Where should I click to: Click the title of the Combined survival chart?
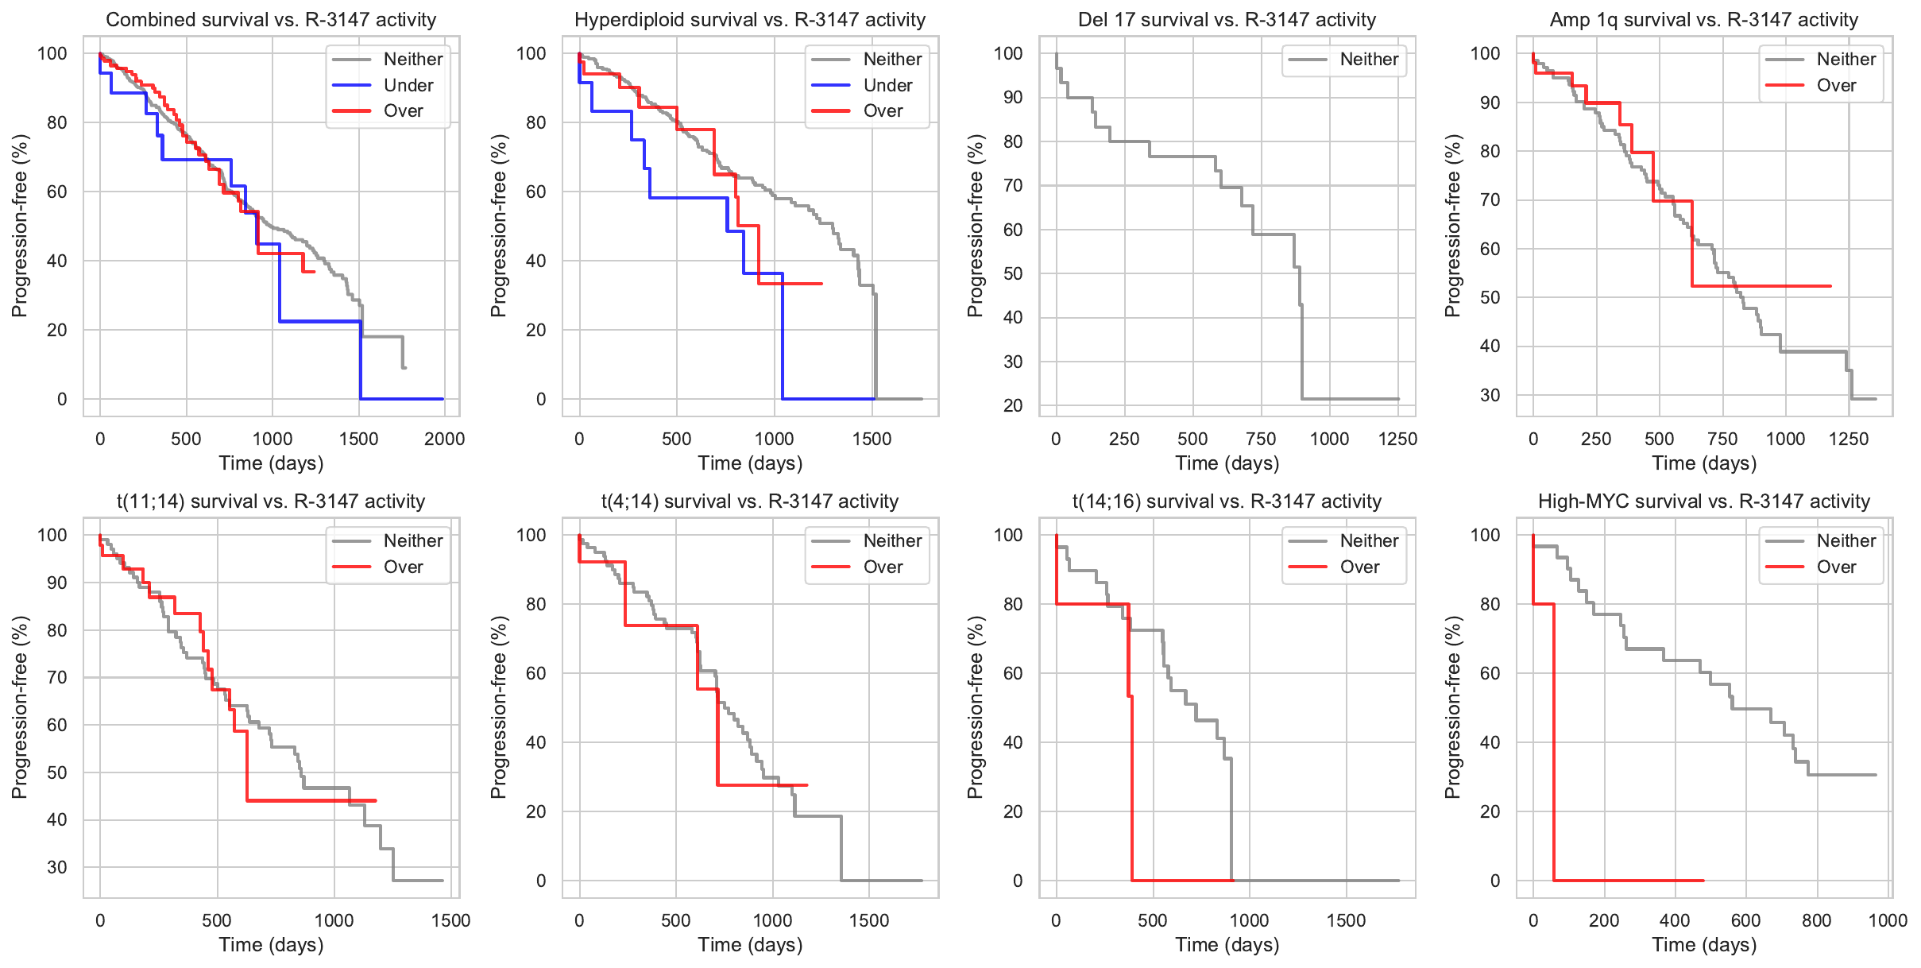pos(271,19)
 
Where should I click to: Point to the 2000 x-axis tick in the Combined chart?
pos(444,439)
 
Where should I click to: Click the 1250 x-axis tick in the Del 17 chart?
pos(1397,439)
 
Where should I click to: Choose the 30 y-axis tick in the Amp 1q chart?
pos(1490,395)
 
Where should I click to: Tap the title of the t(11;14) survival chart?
pos(271,501)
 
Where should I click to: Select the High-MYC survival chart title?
pos(1703,501)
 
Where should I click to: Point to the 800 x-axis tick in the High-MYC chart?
pos(1816,920)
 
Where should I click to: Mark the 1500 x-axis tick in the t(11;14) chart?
pos(450,920)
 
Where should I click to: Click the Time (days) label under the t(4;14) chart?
pos(750,944)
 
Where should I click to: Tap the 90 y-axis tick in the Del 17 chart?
pos(1012,97)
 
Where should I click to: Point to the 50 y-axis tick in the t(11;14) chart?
pos(57,772)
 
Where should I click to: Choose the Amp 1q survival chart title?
pos(1703,19)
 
